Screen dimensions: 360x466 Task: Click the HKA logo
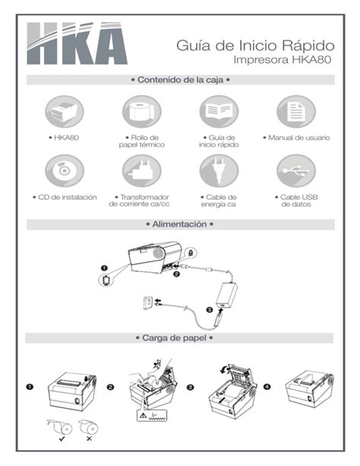pyautogui.click(x=77, y=43)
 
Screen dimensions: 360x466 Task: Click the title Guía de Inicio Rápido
pyautogui.click(x=255, y=46)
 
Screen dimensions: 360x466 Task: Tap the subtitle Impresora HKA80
pyautogui.click(x=283, y=59)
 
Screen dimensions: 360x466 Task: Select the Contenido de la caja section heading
pyautogui.click(x=180, y=80)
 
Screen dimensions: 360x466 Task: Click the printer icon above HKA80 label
pyautogui.click(x=65, y=112)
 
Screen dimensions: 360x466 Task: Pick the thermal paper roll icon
pyautogui.click(x=142, y=112)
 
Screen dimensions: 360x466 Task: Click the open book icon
pyautogui.click(x=219, y=112)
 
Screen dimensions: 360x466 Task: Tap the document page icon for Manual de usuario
pyautogui.click(x=296, y=112)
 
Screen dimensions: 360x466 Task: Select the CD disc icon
pyautogui.click(x=65, y=171)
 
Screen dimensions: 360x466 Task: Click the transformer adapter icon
pyautogui.click(x=142, y=171)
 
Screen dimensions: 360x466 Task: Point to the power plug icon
pyautogui.click(x=219, y=171)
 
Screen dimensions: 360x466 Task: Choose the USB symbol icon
pyautogui.click(x=296, y=171)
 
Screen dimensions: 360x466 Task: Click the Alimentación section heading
pyautogui.click(x=180, y=224)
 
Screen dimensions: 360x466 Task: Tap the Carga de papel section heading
pyautogui.click(x=175, y=338)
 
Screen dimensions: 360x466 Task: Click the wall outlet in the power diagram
pyautogui.click(x=147, y=303)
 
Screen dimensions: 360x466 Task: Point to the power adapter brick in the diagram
pyautogui.click(x=227, y=296)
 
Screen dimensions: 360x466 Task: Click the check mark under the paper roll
pyautogui.click(x=62, y=439)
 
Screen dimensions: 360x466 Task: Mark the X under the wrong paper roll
pyautogui.click(x=89, y=439)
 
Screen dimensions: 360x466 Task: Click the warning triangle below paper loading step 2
pyautogui.click(x=144, y=416)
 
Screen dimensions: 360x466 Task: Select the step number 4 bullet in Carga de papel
pyautogui.click(x=267, y=387)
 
